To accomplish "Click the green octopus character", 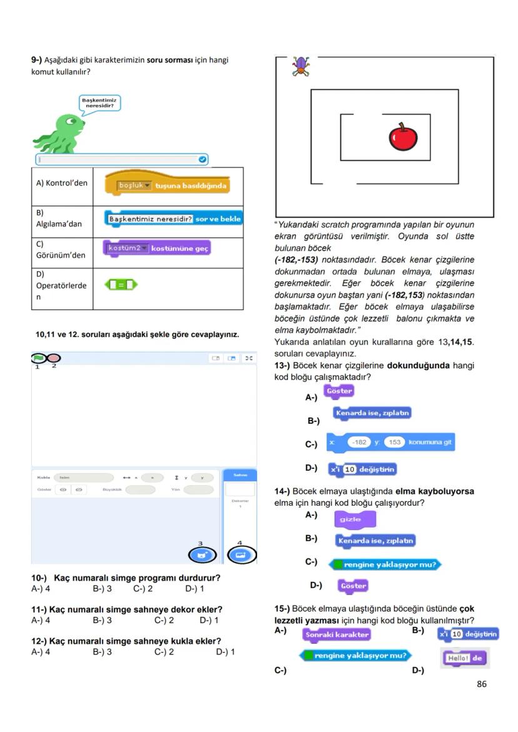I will (60, 132).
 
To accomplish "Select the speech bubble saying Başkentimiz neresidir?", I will (99, 103).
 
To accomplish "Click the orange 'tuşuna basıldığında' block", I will (167, 186).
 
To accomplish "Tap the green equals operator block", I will (120, 285).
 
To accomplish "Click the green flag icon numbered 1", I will (39, 358).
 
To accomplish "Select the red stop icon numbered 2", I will (54, 358).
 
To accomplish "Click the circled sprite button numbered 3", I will (201, 554).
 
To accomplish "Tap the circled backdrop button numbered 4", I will (241, 554).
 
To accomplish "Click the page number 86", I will (481, 684).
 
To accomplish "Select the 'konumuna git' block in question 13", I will (390, 443).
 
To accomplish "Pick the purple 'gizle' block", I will (355, 519).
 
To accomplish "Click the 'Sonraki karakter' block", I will (337, 634).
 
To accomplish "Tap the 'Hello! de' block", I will (464, 658).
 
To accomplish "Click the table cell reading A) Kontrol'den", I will (62, 183).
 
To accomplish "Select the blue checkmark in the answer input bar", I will (202, 159).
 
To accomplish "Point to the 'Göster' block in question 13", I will (339, 391).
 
